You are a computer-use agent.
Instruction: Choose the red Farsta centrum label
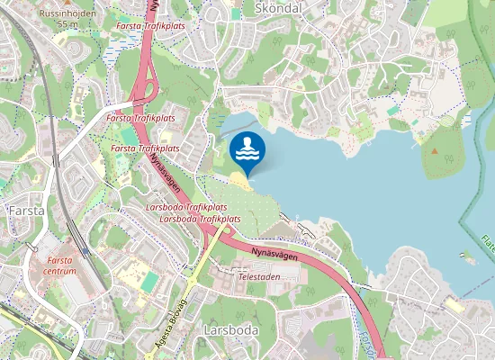click(59, 265)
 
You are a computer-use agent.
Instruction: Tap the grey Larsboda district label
click(230, 330)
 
